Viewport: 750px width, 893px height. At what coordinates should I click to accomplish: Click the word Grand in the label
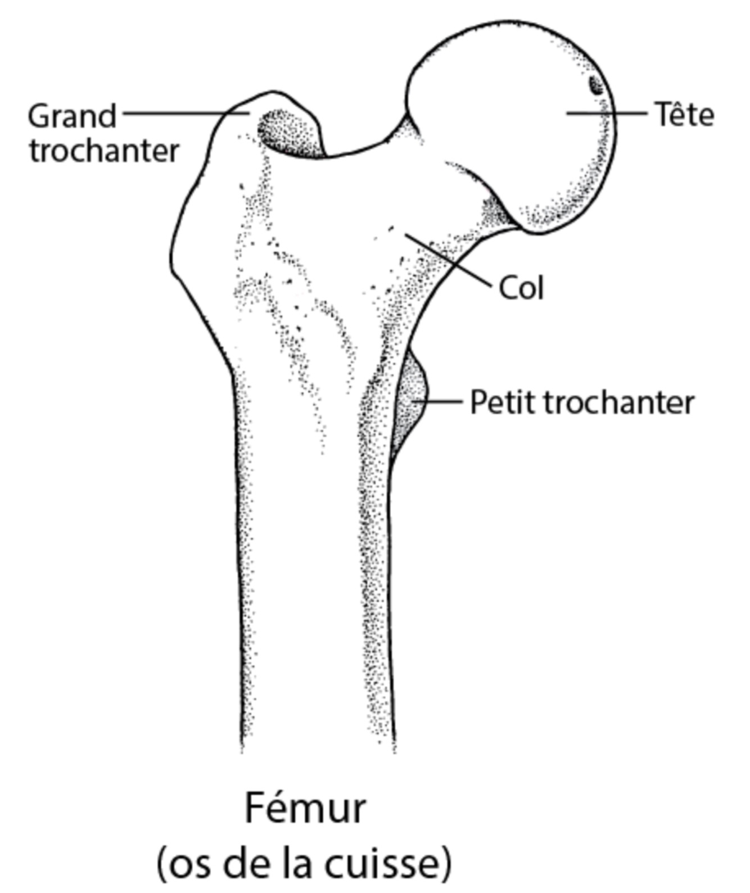tap(72, 117)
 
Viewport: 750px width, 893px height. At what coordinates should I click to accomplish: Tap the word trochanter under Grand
tap(104, 151)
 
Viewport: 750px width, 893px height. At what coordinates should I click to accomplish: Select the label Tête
tap(684, 115)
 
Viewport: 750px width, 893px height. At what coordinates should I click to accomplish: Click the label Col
tap(521, 288)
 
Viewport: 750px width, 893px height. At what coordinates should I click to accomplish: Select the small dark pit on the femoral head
tap(595, 85)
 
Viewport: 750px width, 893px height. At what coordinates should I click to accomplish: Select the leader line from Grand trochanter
tap(186, 113)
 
